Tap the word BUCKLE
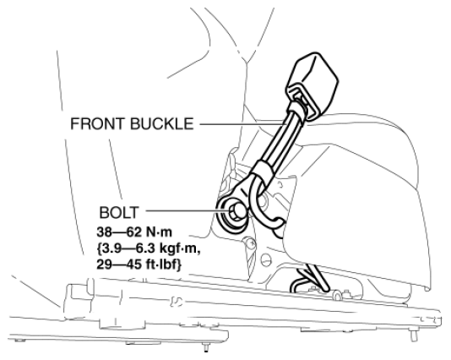click(x=162, y=123)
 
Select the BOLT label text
click(x=119, y=213)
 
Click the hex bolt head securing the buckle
click(x=237, y=211)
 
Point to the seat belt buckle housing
click(x=312, y=82)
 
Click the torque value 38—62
click(x=118, y=232)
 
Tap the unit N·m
click(x=159, y=232)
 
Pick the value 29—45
click(x=119, y=265)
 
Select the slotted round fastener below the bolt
click(x=266, y=259)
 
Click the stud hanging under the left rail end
click(x=206, y=347)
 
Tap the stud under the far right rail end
click(x=414, y=335)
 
